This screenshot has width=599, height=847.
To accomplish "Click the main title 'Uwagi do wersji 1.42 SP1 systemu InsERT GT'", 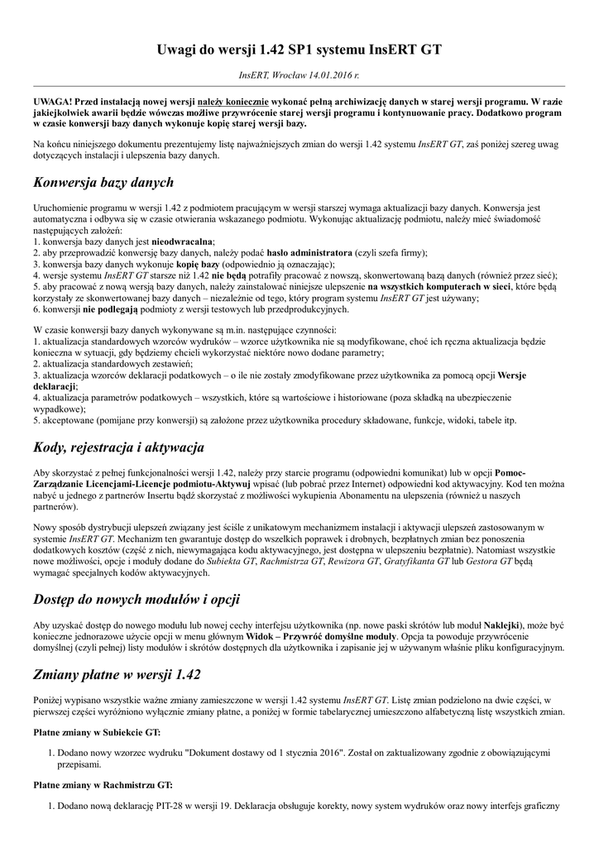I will pyautogui.click(x=299, y=50).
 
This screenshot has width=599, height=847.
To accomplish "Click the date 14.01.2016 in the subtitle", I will pyautogui.click(x=328, y=75).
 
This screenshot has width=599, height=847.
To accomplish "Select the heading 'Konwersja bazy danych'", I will pyautogui.click(x=103, y=182).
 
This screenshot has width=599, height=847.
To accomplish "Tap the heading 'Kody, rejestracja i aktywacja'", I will pyautogui.click(x=118, y=447).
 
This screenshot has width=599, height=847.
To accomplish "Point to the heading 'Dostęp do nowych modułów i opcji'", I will pyautogui.click(x=137, y=598).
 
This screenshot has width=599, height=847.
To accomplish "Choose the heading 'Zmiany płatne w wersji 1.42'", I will pyautogui.click(x=117, y=674).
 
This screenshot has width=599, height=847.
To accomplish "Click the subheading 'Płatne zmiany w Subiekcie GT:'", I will pyautogui.click(x=97, y=732).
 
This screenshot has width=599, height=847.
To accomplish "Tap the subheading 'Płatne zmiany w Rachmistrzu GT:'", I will pyautogui.click(x=103, y=785).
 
